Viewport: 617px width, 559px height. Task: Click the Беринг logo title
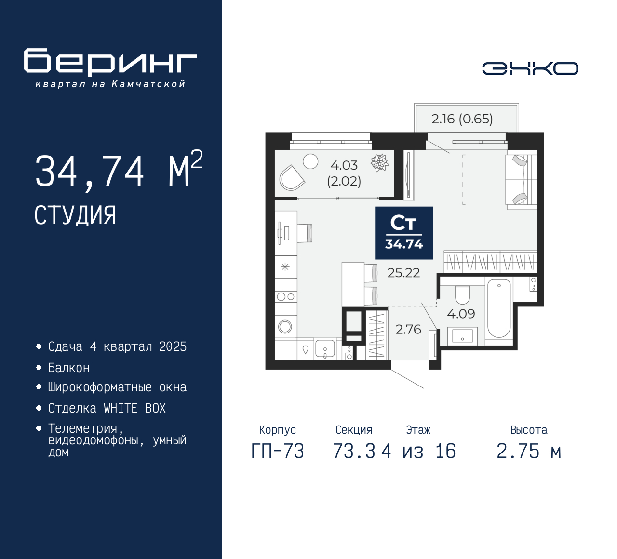pyautogui.click(x=110, y=62)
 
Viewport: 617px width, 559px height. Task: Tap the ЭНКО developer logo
pyautogui.click(x=530, y=68)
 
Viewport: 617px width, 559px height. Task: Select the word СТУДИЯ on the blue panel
pyautogui.click(x=75, y=215)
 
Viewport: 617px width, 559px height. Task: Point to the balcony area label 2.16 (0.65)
pyautogui.click(x=462, y=119)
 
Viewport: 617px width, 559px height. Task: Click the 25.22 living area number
pyautogui.click(x=403, y=273)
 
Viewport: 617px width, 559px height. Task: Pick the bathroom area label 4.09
pyautogui.click(x=461, y=314)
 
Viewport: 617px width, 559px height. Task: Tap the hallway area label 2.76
pyautogui.click(x=408, y=330)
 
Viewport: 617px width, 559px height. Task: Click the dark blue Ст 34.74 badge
pyautogui.click(x=404, y=233)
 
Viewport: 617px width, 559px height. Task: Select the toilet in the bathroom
pyautogui.click(x=462, y=295)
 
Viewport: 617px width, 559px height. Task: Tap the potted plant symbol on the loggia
pyautogui.click(x=379, y=162)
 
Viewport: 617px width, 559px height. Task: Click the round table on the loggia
pyautogui.click(x=310, y=161)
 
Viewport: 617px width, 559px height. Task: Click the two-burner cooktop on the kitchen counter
pyautogui.click(x=286, y=297)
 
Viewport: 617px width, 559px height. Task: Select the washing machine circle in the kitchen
pyautogui.click(x=285, y=327)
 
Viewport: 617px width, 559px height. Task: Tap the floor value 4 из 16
pyautogui.click(x=418, y=452)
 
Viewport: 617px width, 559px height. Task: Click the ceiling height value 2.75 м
pyautogui.click(x=529, y=452)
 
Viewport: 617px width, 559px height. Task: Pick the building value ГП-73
pyautogui.click(x=278, y=452)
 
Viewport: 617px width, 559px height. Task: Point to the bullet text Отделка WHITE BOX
pyautogui.click(x=107, y=409)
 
